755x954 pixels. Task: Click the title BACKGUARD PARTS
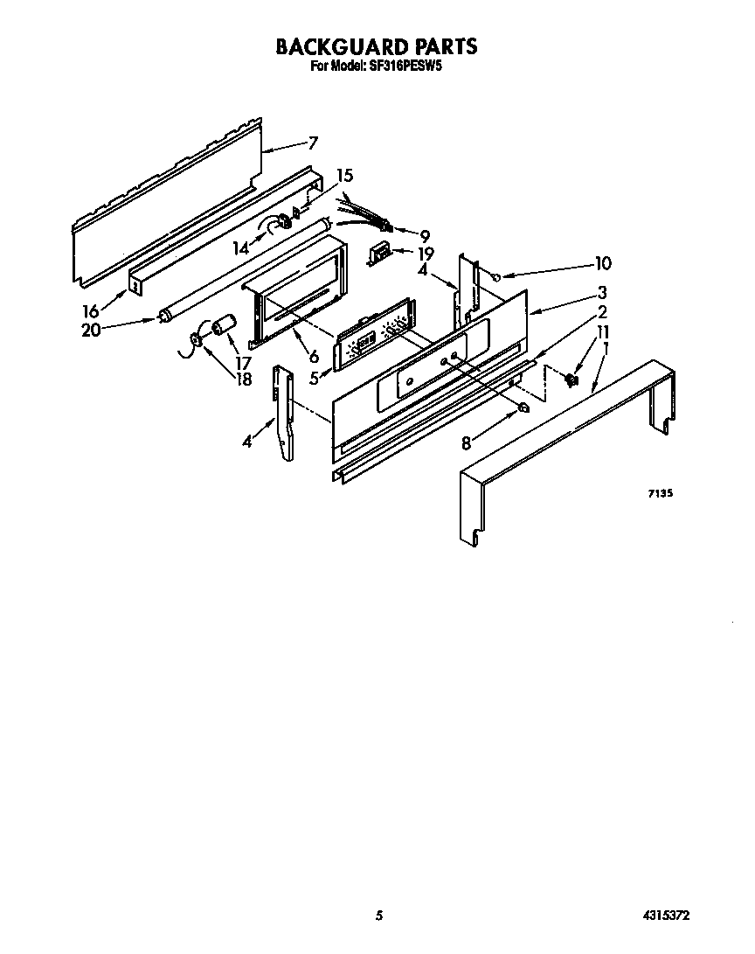click(377, 45)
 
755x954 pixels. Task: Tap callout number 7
click(313, 143)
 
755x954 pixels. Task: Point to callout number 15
click(345, 174)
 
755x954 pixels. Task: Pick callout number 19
click(426, 254)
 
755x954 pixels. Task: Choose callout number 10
click(603, 262)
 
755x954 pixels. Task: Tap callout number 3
click(602, 292)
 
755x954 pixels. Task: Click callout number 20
click(90, 330)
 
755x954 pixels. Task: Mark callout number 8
click(466, 443)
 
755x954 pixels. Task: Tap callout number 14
click(240, 248)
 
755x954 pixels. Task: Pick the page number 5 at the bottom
click(379, 916)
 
